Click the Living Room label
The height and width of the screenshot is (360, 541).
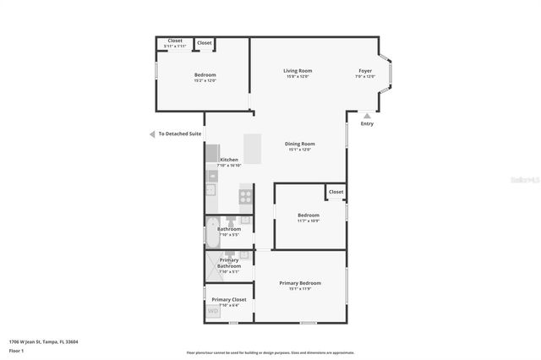[x=298, y=70]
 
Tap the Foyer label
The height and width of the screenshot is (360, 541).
[x=365, y=70]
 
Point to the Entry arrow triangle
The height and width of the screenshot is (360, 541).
[x=367, y=115]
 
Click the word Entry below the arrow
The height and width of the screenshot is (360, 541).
[x=367, y=124]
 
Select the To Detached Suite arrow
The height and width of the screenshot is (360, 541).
[x=151, y=134]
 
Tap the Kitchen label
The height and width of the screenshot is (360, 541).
[x=229, y=160]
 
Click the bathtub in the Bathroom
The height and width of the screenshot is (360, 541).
[x=211, y=232]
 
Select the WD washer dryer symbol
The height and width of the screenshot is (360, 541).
[x=213, y=312]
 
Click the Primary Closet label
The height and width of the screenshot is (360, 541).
[x=229, y=299]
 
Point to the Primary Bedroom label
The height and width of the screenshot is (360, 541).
[x=300, y=283]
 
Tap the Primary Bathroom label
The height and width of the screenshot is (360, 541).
[x=229, y=263]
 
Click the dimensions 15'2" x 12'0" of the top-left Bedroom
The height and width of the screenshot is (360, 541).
[x=205, y=81]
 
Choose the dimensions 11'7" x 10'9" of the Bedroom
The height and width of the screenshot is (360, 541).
[x=309, y=221]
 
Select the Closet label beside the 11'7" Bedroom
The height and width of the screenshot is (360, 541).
[x=336, y=192]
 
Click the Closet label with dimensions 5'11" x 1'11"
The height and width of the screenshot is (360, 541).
[x=175, y=41]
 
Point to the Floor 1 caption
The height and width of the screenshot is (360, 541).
[x=16, y=350]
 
